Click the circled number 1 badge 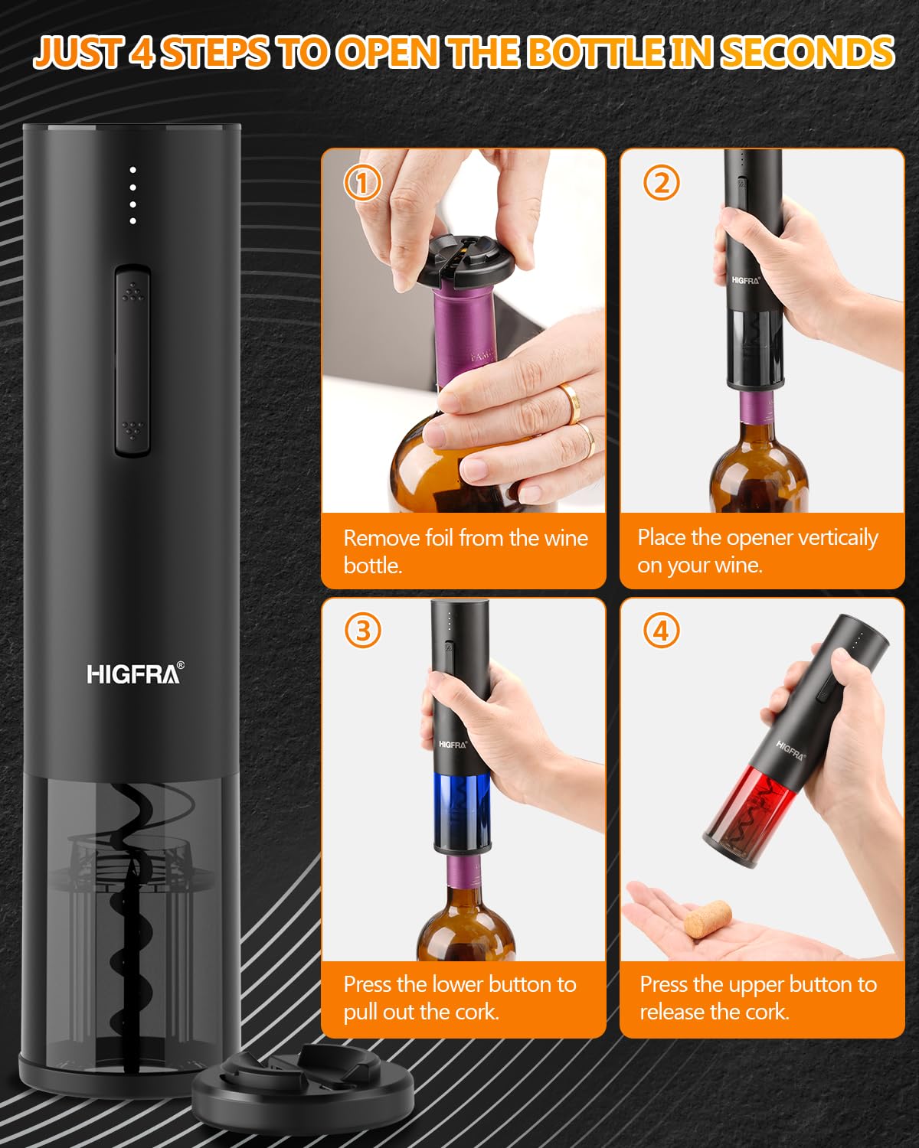[362, 183]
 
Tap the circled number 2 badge [661, 183]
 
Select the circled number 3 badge [362, 631]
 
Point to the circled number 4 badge [661, 631]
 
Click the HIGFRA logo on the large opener [135, 673]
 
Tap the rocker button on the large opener [132, 360]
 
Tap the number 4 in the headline [141, 52]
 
